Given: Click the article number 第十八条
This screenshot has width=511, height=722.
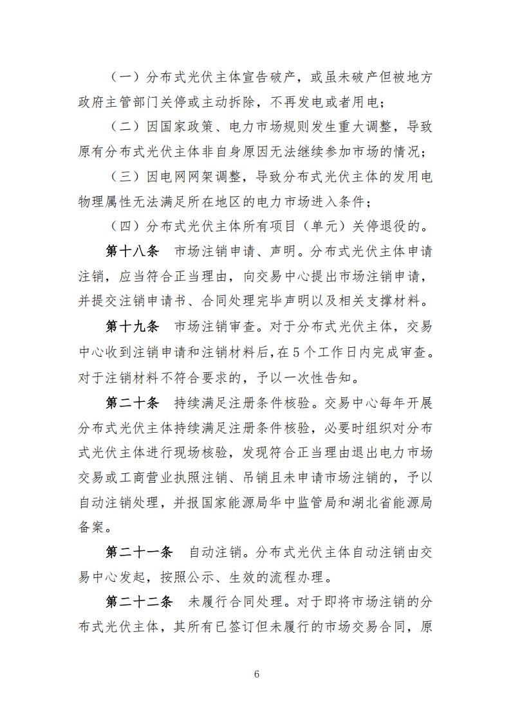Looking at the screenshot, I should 132,251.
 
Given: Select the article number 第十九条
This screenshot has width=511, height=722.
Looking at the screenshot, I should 132,326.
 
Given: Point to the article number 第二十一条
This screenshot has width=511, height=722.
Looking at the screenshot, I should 139,552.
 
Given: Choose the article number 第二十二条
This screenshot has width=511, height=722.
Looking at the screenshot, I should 139,602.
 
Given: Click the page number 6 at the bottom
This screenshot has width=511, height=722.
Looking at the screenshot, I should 256,674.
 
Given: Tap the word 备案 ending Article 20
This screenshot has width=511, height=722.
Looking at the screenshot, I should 90,527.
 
